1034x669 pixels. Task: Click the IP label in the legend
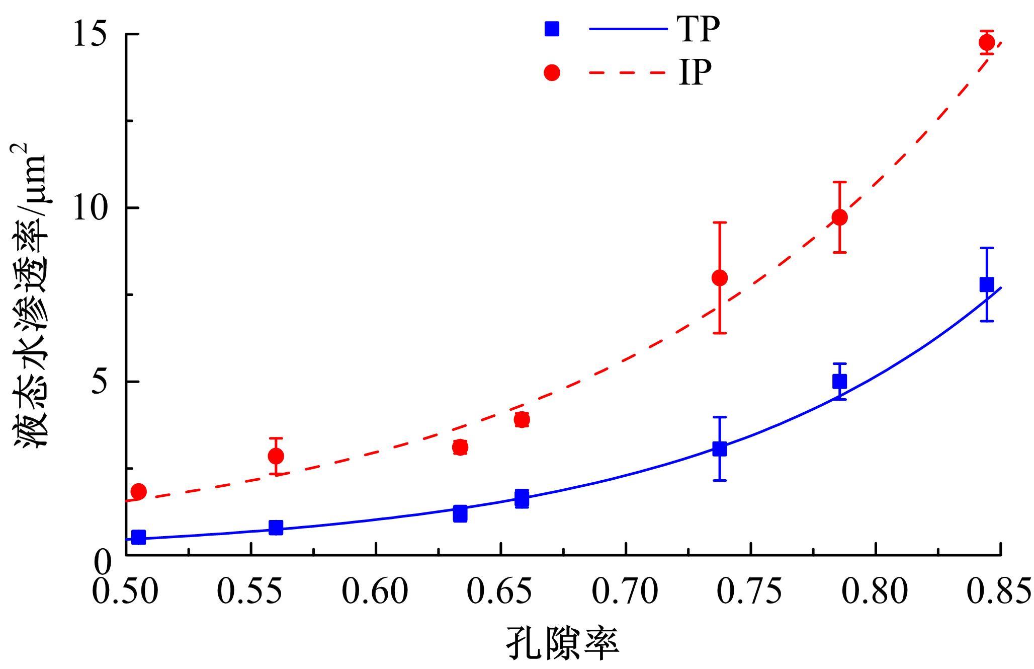tap(695, 72)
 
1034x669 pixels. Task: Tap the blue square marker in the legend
tap(552, 29)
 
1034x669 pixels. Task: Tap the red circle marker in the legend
tap(552, 72)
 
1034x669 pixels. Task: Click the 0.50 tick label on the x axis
tap(125, 592)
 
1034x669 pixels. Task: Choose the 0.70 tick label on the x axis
tap(625, 592)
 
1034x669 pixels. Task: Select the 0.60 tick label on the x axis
tap(375, 592)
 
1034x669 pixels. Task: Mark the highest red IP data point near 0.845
tap(987, 42)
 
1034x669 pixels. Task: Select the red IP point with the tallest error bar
tap(720, 278)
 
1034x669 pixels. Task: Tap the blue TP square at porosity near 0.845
tap(987, 284)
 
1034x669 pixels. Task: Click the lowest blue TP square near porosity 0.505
tap(138, 537)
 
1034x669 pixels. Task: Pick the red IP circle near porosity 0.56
tap(276, 456)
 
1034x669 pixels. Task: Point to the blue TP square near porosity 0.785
tap(839, 382)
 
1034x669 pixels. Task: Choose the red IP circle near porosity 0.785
tap(839, 217)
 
